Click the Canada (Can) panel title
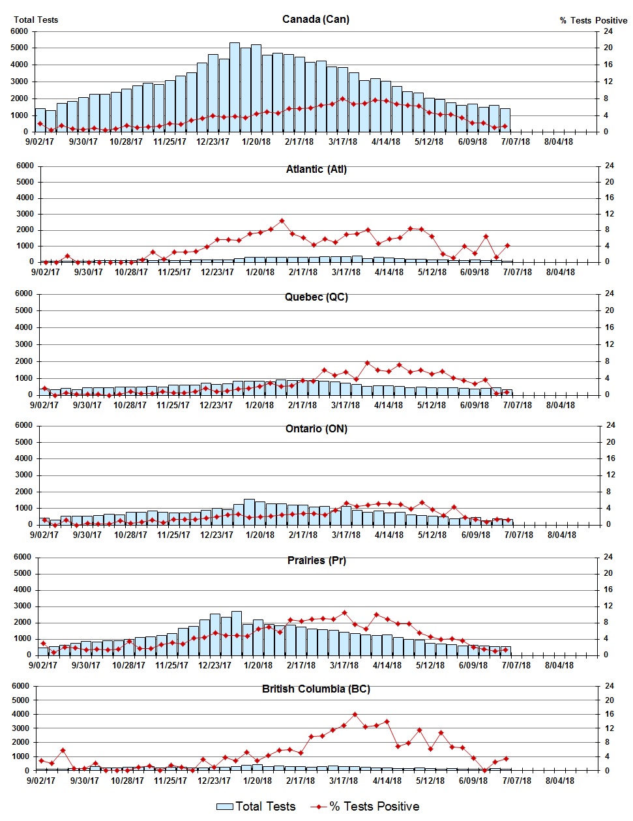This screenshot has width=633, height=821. pyautogui.click(x=316, y=19)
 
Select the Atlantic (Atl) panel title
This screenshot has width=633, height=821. pyautogui.click(x=316, y=169)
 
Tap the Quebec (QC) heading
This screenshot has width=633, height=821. pyautogui.click(x=316, y=297)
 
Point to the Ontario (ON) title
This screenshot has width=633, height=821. pyautogui.click(x=316, y=428)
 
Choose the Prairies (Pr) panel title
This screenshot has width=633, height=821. pyautogui.click(x=316, y=560)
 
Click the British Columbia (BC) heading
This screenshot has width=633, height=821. pyautogui.click(x=316, y=689)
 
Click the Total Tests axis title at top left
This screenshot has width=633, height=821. pyautogui.click(x=36, y=20)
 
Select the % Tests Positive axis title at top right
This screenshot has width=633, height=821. pyautogui.click(x=593, y=20)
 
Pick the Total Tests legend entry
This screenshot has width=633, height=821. pyautogui.click(x=256, y=807)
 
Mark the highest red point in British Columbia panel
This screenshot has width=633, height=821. pyautogui.click(x=355, y=714)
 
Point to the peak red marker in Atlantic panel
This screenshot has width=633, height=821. pyautogui.click(x=282, y=221)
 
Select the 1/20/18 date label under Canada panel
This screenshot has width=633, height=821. pyautogui.click(x=256, y=142)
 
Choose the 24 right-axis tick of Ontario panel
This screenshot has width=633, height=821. pyautogui.click(x=610, y=425)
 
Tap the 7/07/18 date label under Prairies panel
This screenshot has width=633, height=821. pyautogui.click(x=516, y=665)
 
